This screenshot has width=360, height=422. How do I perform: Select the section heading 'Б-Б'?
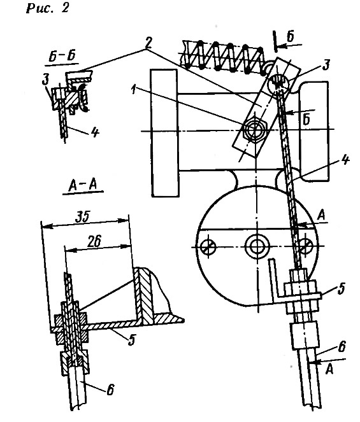[62, 56]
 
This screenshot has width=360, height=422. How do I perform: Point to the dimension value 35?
[82, 217]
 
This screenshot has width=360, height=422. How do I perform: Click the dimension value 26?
[94, 241]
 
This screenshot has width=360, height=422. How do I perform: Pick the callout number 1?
[133, 90]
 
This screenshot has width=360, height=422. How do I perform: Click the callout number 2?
[148, 43]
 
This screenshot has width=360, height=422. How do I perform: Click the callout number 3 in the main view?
[326, 65]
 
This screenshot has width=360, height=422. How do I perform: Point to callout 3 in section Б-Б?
[46, 80]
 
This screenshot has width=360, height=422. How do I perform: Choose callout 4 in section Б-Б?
[94, 132]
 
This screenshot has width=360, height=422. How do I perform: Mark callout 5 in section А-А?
[131, 340]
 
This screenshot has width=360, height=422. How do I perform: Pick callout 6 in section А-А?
[110, 390]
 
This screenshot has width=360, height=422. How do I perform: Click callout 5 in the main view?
[342, 288]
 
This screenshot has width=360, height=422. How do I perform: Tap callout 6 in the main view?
[342, 346]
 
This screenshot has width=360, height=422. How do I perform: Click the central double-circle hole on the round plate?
[257, 246]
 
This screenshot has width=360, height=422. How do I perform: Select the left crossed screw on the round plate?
[208, 246]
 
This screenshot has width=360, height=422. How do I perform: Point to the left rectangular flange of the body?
[164, 133]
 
